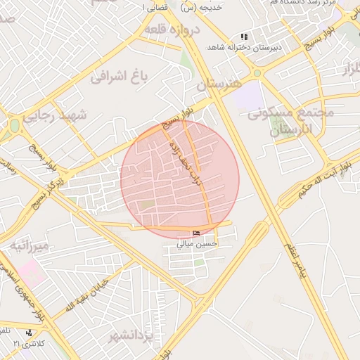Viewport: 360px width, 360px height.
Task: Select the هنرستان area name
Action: point(219,84)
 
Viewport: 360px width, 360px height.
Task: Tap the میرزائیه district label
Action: point(30,246)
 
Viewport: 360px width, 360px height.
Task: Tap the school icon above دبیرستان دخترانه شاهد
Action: point(244,36)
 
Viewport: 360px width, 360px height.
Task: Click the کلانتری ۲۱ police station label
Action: point(28,342)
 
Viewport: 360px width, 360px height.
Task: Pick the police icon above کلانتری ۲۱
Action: point(28,333)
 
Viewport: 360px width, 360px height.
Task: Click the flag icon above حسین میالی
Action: point(196,234)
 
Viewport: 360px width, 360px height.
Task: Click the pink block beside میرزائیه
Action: point(30,271)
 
